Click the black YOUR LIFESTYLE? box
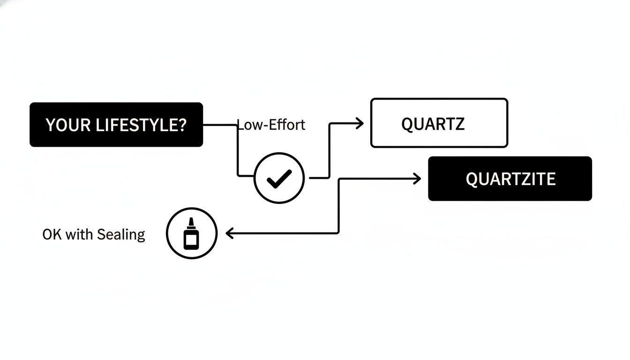(116, 125)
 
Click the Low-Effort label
(271, 125)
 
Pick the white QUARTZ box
(439, 123)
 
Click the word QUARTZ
(433, 124)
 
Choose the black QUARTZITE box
(510, 179)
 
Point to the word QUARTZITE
(510, 179)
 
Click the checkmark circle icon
(279, 178)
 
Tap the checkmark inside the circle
(279, 178)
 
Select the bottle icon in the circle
(191, 233)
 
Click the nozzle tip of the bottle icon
(191, 221)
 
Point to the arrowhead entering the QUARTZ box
(360, 124)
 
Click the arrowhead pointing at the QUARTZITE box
(417, 178)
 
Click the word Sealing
(122, 234)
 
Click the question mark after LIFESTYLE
(182, 125)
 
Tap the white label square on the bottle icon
(191, 240)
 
